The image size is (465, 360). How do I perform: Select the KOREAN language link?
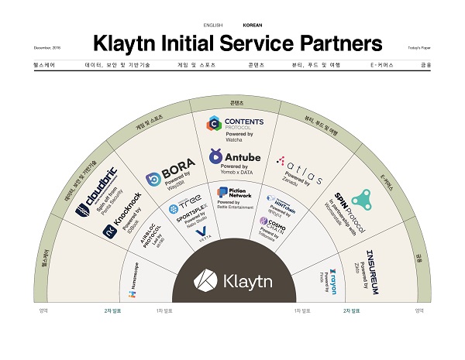tap(252, 25)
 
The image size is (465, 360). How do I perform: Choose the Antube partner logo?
tap(236, 157)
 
